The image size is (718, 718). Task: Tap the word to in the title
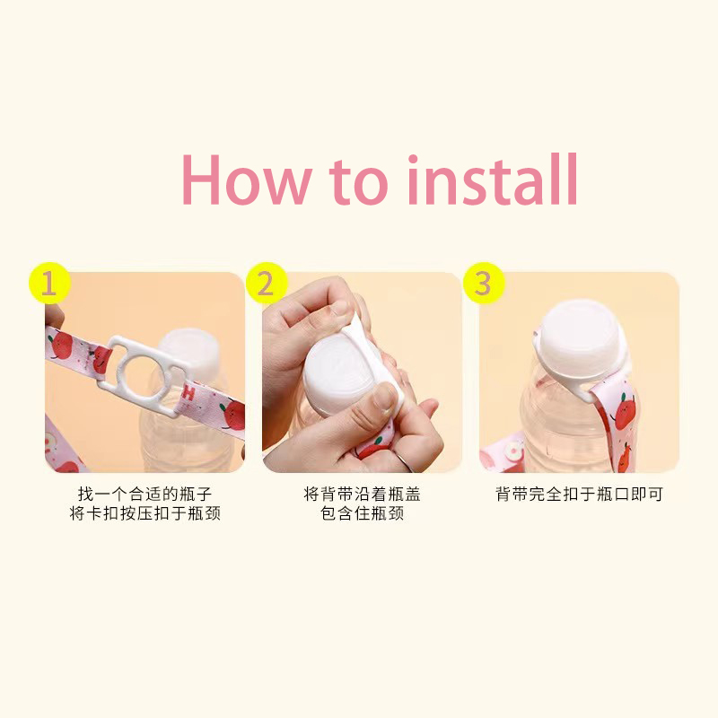(358, 181)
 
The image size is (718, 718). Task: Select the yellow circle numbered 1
(49, 283)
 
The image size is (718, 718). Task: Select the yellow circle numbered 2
(267, 283)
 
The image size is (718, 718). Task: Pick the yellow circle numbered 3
(484, 283)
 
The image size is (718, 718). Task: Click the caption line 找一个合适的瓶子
(144, 494)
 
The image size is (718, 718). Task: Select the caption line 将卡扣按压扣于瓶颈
(144, 512)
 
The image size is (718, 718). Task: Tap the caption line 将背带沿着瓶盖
(362, 494)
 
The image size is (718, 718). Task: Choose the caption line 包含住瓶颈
(362, 512)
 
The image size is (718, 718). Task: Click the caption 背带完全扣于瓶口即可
(579, 494)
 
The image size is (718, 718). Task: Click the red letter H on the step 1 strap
(188, 394)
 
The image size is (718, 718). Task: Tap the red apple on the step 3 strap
(623, 412)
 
